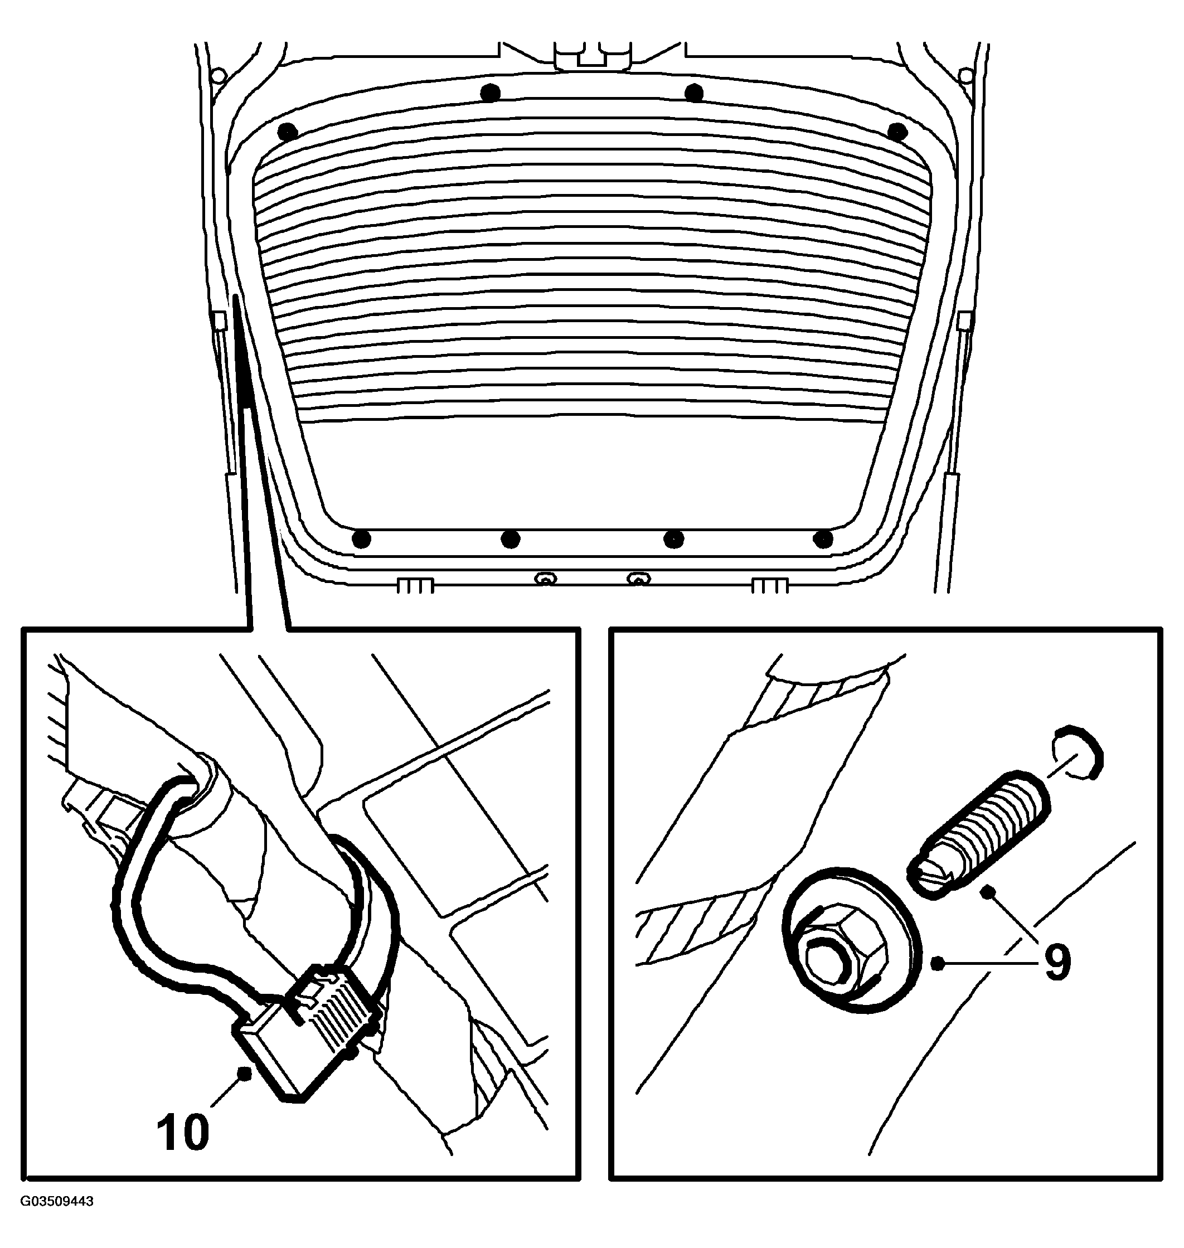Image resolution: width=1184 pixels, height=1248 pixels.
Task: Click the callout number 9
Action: (x=1058, y=963)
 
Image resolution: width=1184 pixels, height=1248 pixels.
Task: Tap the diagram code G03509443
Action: (x=57, y=1219)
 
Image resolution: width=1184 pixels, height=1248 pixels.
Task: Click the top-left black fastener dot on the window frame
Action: (x=287, y=133)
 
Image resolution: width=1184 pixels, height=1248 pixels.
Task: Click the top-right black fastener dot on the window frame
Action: (x=897, y=132)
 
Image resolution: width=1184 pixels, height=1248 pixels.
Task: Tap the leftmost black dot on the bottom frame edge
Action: (x=361, y=540)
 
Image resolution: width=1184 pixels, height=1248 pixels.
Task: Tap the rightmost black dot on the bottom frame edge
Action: (x=823, y=540)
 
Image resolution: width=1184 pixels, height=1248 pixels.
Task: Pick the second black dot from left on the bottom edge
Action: (x=510, y=540)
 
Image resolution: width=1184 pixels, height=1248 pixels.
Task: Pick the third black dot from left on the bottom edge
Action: (x=673, y=540)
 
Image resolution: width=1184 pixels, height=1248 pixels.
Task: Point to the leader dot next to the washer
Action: (x=938, y=963)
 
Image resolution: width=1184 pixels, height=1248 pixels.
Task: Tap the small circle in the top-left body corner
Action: (x=219, y=76)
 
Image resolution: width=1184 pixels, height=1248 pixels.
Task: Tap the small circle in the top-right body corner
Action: (x=965, y=76)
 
